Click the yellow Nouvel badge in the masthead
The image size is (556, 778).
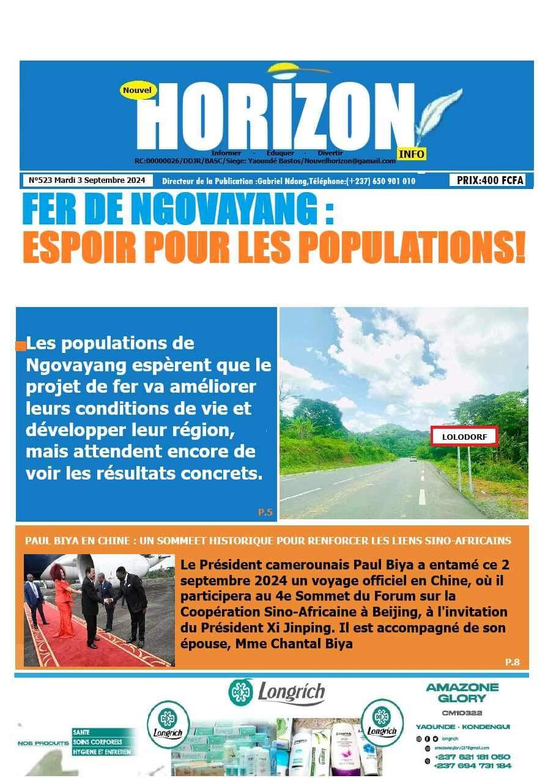138,90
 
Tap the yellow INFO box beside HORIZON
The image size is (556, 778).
411,154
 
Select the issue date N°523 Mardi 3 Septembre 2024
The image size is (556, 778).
87,180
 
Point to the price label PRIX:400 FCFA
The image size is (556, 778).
487,180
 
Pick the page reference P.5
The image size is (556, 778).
265,513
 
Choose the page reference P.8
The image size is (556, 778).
512,662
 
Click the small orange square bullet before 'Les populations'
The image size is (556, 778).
21,346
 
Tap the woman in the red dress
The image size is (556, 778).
64,602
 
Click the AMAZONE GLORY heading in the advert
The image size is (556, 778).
462,692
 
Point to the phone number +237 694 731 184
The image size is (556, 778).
472,765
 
